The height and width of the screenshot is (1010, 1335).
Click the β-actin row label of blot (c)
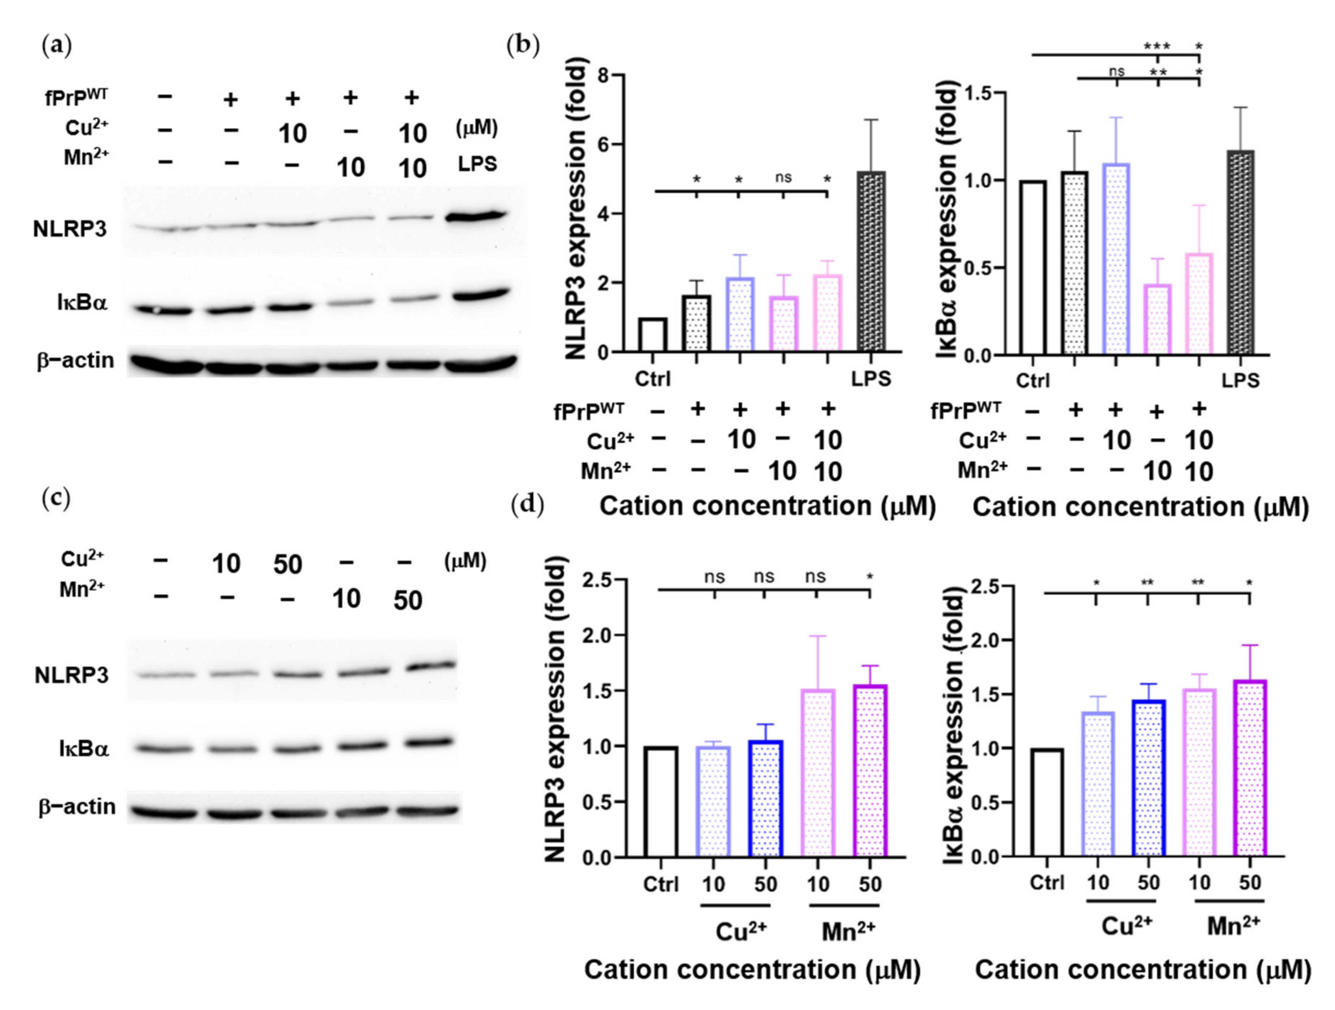coord(77,807)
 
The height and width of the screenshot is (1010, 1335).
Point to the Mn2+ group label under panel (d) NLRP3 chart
coord(848,932)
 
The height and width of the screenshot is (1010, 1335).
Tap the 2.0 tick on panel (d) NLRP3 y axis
coord(596,635)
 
